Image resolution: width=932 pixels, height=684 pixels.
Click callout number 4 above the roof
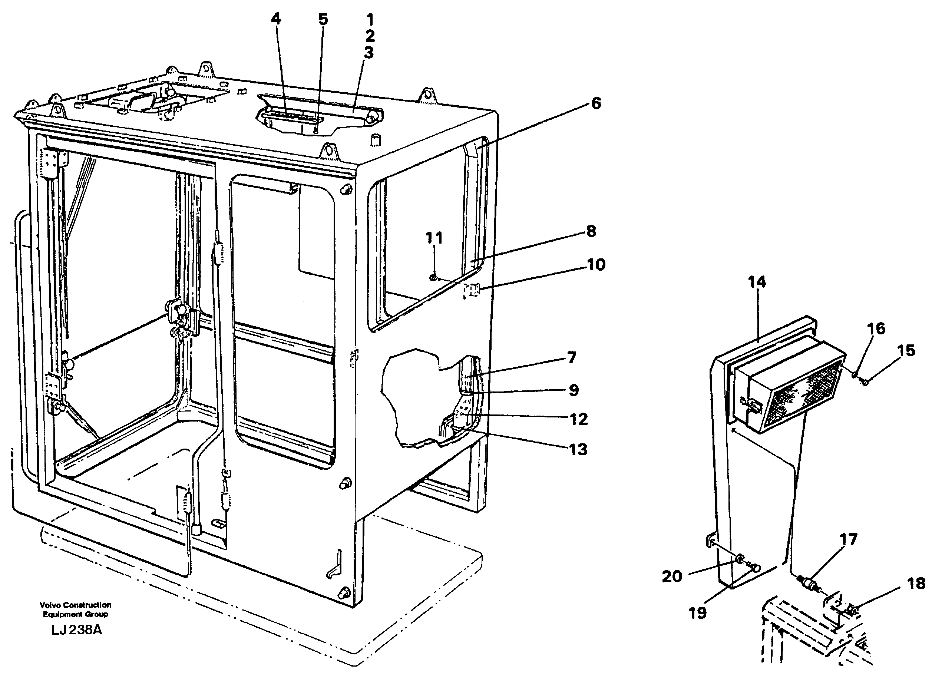276,19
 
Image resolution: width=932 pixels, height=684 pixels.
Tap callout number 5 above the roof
323,19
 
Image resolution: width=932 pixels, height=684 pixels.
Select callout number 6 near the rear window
596,103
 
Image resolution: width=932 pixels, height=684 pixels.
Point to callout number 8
591,231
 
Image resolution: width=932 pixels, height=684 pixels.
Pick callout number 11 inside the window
434,238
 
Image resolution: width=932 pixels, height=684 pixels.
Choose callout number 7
572,357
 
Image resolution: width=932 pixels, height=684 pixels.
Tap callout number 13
578,449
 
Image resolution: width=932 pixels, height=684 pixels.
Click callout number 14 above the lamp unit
757,282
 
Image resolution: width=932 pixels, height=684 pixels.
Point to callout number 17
848,539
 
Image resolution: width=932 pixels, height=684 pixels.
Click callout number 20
672,576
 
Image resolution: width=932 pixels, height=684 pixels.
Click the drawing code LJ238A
77,630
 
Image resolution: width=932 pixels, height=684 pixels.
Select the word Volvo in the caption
50,605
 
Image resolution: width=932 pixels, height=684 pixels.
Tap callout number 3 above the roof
368,53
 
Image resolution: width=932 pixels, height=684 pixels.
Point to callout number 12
579,419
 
